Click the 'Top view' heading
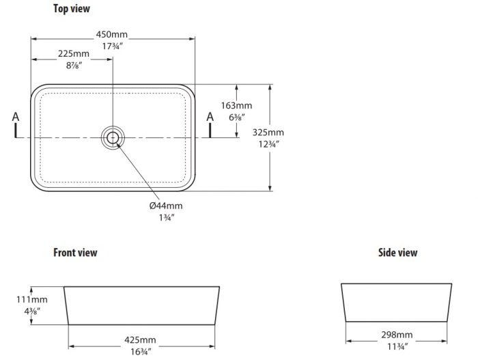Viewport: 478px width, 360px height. tap(72, 9)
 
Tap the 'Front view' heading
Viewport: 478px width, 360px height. tap(75, 253)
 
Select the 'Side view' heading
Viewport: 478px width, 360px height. tap(398, 253)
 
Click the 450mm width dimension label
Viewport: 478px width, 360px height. tap(112, 34)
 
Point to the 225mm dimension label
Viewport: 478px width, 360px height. tap(74, 54)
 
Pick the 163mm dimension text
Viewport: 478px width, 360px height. tap(236, 106)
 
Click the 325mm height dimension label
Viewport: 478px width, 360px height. tap(268, 133)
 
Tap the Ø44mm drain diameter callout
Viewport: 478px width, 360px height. tap(166, 206)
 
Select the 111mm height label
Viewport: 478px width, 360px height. tap(32, 300)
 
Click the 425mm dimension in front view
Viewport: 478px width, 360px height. tap(140, 340)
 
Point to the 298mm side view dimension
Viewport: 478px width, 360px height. tap(397, 335)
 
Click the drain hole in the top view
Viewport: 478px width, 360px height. tap(113, 137)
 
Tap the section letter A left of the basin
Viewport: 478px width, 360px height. tap(16, 117)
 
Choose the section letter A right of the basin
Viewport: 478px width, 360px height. tap(210, 117)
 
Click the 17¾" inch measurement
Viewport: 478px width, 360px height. tap(113, 46)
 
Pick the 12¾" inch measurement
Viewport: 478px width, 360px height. tap(269, 144)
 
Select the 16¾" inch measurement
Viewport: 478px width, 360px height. tap(141, 352)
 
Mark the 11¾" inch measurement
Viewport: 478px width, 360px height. tap(397, 347)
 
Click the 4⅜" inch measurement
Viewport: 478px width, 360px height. tap(32, 311)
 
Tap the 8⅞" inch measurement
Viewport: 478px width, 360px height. tap(74, 66)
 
